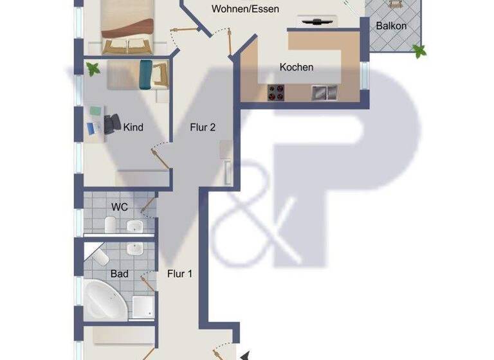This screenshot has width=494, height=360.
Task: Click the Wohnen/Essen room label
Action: tap(245, 10)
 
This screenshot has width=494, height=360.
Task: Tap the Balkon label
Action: tap(391, 26)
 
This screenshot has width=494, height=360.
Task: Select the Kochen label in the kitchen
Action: tap(297, 67)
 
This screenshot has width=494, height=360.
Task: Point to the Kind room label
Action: tap(133, 127)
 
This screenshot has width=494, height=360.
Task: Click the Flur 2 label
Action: tap(202, 127)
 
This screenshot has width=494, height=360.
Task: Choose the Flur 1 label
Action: tap(180, 274)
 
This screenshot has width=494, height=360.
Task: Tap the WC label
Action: tap(120, 207)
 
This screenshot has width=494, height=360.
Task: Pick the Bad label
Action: tap(119, 274)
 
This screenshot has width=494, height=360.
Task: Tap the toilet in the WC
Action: tap(110, 225)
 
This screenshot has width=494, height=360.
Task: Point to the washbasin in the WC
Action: tap(135, 226)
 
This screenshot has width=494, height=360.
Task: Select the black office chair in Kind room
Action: tap(113, 122)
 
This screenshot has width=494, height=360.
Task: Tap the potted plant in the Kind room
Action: tap(94, 68)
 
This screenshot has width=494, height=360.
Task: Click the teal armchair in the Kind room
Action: tap(146, 74)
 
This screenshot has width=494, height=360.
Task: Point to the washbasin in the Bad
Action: tap(135, 248)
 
